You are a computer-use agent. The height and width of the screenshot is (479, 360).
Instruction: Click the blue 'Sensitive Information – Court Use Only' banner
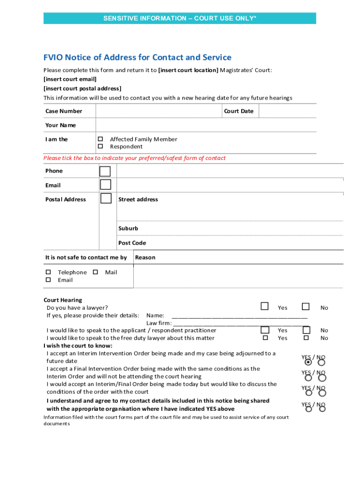(x=180, y=18)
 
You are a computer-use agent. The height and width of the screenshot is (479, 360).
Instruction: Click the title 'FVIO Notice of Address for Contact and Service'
(x=137, y=58)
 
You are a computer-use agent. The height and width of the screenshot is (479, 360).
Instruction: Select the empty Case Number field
(x=158, y=111)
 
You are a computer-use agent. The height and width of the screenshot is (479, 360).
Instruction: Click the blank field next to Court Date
(x=287, y=111)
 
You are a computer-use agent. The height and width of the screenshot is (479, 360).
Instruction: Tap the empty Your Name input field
(x=206, y=125)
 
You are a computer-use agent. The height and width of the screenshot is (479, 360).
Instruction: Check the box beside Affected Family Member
(x=100, y=139)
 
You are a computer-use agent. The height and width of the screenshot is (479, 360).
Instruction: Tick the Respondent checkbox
(x=100, y=147)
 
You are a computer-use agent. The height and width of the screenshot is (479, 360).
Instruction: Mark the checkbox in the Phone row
(x=106, y=171)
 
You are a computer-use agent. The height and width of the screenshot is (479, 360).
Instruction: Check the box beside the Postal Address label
(x=106, y=198)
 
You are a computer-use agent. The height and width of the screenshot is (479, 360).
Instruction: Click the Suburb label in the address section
(x=128, y=228)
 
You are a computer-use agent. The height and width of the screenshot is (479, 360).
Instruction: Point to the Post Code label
(x=132, y=243)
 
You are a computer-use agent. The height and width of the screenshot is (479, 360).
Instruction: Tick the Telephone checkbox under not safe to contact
(x=48, y=272)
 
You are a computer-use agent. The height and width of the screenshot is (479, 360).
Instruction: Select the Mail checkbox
(x=95, y=272)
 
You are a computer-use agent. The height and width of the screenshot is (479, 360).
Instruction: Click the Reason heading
(x=145, y=257)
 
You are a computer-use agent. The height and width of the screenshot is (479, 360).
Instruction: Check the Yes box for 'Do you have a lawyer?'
(x=265, y=307)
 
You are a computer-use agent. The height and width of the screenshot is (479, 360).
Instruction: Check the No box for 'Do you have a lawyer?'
(x=306, y=307)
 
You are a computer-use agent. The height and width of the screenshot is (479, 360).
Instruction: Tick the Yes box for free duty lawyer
(x=266, y=338)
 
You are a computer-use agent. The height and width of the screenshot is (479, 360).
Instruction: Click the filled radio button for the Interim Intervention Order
(x=308, y=363)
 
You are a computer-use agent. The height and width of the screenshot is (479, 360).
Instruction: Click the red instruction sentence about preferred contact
(x=135, y=158)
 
